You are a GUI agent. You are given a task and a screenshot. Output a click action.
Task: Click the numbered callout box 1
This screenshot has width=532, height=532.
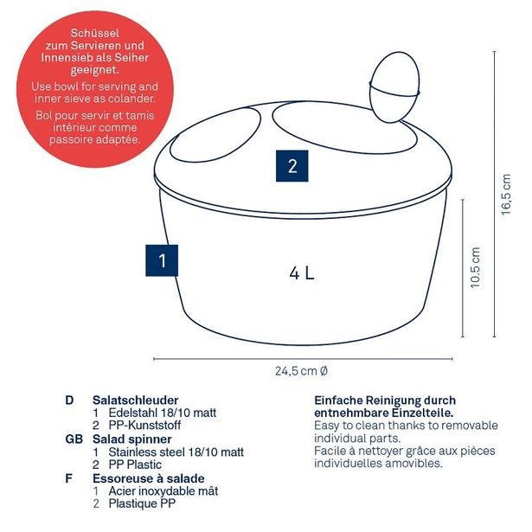pos(162,260)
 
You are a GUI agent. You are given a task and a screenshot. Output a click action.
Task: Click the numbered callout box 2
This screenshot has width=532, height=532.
pos(292,166)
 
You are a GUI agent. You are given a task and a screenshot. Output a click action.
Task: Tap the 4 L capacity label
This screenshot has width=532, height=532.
pos(302,273)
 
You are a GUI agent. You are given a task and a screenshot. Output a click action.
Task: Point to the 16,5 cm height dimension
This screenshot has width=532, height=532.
pos(506,194)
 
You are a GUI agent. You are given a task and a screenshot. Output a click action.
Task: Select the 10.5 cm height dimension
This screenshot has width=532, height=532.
pos(475,268)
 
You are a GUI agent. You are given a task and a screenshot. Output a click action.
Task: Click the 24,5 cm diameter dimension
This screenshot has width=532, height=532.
pos(301,371)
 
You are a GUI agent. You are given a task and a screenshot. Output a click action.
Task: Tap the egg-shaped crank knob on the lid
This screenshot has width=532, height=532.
pos(394,87)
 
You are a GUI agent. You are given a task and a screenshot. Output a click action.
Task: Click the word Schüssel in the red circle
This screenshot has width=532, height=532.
pos(94,33)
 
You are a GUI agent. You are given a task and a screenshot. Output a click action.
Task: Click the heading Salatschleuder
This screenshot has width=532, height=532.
pos(135,400)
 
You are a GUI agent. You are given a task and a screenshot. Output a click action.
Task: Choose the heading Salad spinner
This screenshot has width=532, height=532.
pos(132,439)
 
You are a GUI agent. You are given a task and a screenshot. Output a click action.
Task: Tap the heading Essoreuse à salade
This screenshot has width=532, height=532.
pos(149,478)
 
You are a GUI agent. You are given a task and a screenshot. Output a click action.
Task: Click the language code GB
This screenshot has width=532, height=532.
pos(74,439)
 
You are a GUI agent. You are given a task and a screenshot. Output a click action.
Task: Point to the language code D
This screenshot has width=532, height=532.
pos(69,400)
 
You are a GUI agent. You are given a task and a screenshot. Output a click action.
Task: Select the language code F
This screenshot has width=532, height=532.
pos(68,478)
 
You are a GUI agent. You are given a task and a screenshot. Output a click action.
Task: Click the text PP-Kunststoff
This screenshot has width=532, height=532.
pos(144,425)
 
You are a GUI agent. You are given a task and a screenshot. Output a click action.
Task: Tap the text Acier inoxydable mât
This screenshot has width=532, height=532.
pos(163,491)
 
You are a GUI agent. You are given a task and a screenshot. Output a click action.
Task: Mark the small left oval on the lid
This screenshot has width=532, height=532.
pos(215,135)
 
